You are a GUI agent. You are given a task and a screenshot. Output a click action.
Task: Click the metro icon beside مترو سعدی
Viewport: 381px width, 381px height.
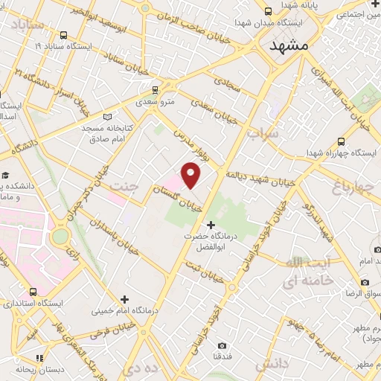tap(146, 95)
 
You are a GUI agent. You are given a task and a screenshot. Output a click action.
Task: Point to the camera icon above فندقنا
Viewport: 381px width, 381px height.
tap(222, 345)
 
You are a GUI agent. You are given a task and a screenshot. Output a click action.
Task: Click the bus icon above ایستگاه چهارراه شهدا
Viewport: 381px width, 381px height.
tap(341, 141)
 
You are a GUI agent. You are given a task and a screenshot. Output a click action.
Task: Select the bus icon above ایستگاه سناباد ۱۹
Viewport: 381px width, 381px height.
tap(63, 34)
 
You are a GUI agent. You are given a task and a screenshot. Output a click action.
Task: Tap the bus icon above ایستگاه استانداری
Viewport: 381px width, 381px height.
tap(31, 292)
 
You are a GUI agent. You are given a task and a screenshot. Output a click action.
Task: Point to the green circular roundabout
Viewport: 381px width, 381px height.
tap(60, 237)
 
